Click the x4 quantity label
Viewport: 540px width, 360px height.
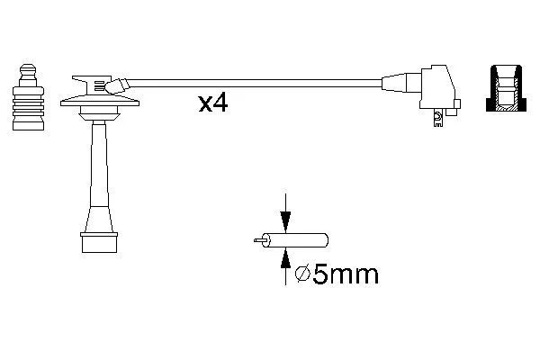(x=212, y=103)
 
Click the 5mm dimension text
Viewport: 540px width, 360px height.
(x=346, y=274)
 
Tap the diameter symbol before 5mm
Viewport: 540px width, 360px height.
(x=303, y=274)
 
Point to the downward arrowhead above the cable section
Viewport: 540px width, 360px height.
(x=285, y=220)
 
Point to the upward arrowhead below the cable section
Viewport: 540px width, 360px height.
(x=285, y=258)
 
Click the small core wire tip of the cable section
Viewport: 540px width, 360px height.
(x=258, y=240)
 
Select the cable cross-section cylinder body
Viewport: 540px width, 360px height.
(x=295, y=240)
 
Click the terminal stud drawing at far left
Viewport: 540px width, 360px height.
(x=28, y=97)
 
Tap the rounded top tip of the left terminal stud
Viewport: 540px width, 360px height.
(x=28, y=67)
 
